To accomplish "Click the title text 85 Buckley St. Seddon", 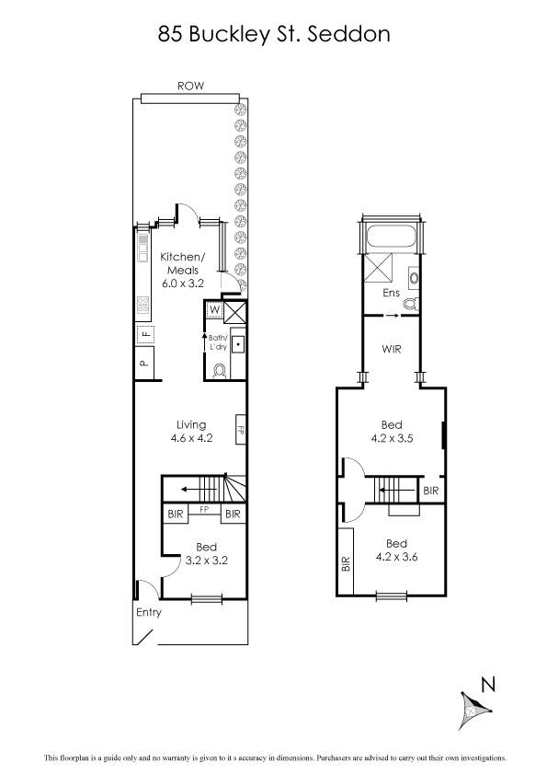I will (274, 34).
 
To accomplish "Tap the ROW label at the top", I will (190, 86).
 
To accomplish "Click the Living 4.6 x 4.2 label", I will (191, 432).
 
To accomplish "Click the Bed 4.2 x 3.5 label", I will (392, 432).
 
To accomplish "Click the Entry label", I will (148, 612).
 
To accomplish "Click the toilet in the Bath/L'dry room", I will (219, 370).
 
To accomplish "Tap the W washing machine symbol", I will (214, 310).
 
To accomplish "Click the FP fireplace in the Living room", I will (241, 430).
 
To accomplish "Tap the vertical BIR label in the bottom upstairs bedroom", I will (346, 563).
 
